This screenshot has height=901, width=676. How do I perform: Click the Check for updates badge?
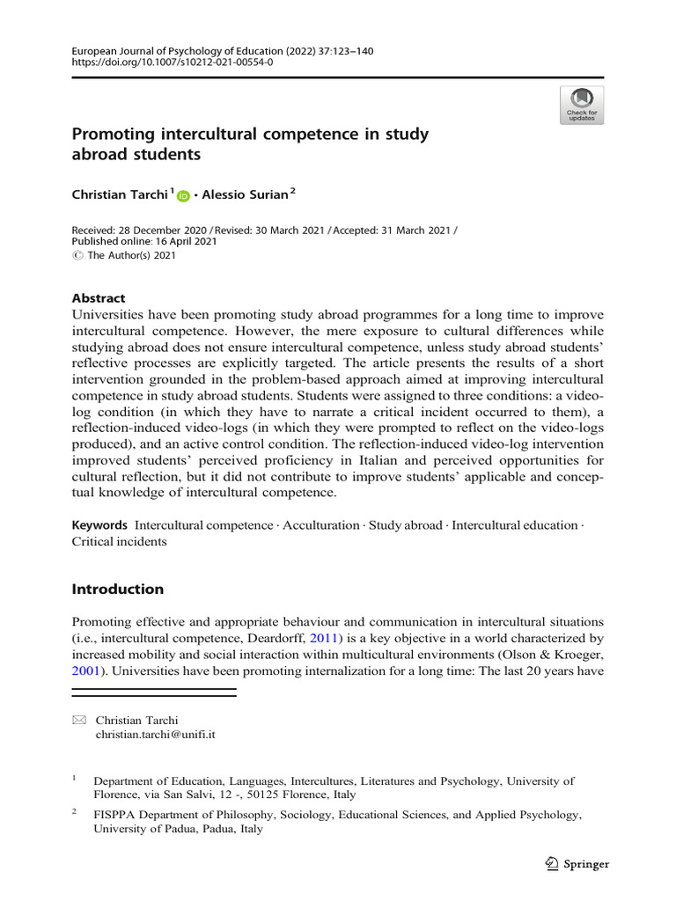coord(582,105)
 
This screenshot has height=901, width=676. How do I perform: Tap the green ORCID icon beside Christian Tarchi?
coord(183,196)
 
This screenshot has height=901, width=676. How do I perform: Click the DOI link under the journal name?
coord(172,64)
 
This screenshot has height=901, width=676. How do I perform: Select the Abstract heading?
coord(98,298)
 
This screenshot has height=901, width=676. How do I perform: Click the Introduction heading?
coord(117,589)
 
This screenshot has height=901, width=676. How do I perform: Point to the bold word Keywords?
coord(99,525)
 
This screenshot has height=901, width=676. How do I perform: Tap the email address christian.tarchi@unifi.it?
coord(155,734)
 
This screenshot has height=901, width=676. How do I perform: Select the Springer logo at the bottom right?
coord(577,863)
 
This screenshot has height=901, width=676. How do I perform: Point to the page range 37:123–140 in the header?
coord(342,52)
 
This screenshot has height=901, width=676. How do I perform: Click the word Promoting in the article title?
coord(113,135)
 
